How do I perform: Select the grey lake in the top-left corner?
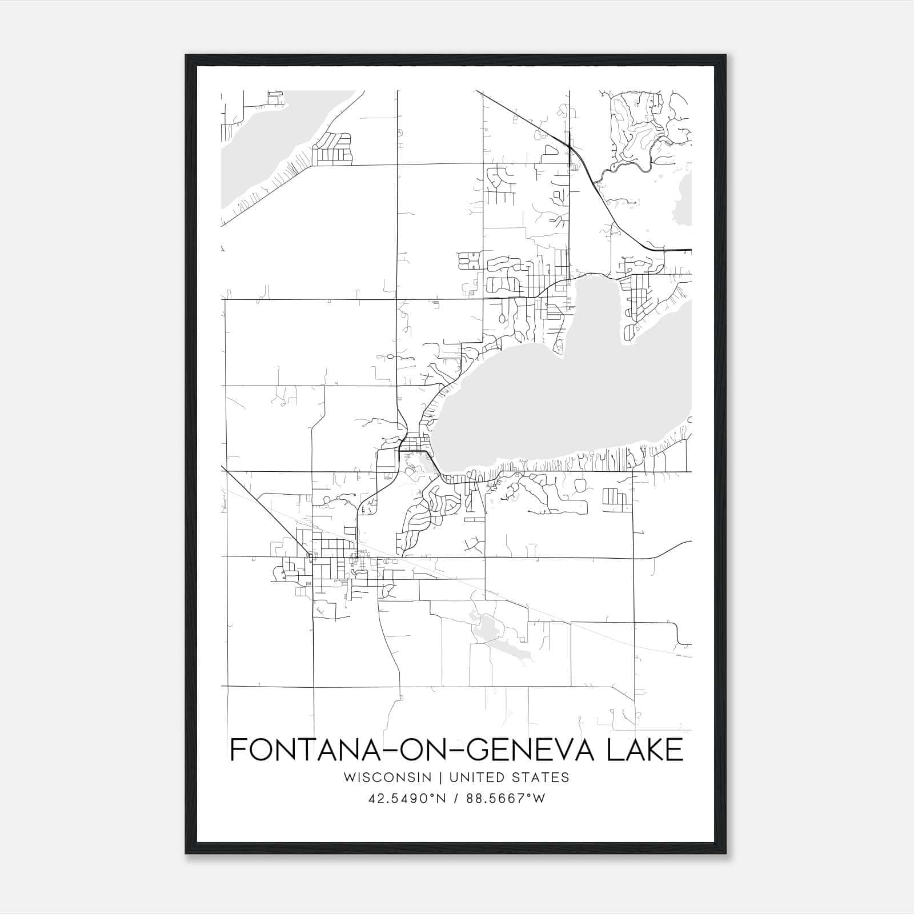pyautogui.click(x=257, y=149)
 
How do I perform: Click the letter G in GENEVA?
pyautogui.click(x=478, y=749)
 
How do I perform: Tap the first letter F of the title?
pyautogui.click(x=238, y=749)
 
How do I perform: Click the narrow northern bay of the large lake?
pyautogui.click(x=594, y=308)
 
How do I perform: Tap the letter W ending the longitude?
pyautogui.click(x=539, y=799)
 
